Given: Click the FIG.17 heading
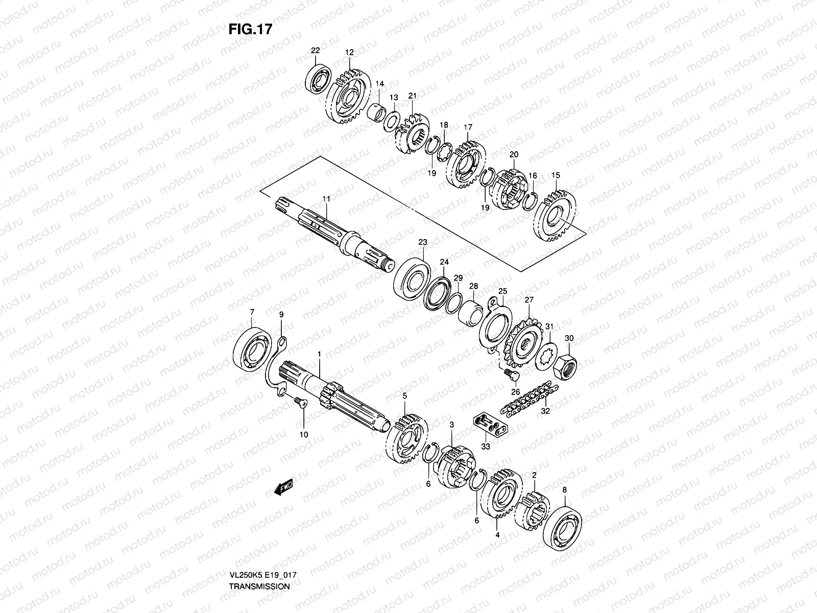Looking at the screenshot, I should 250,29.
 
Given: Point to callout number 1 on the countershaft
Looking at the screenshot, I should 319,353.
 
